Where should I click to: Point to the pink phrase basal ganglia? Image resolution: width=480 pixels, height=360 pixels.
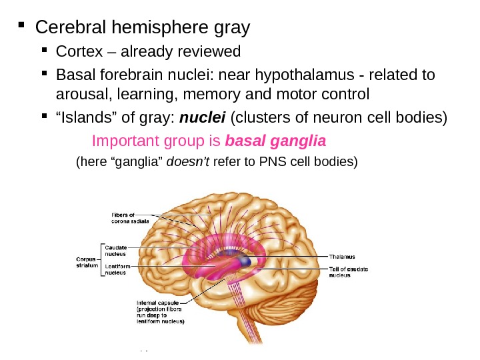pyautogui.click(x=276, y=141)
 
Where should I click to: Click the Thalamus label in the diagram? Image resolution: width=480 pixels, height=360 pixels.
pyautogui.click(x=341, y=256)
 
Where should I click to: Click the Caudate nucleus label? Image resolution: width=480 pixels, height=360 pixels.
pyautogui.click(x=116, y=250)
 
